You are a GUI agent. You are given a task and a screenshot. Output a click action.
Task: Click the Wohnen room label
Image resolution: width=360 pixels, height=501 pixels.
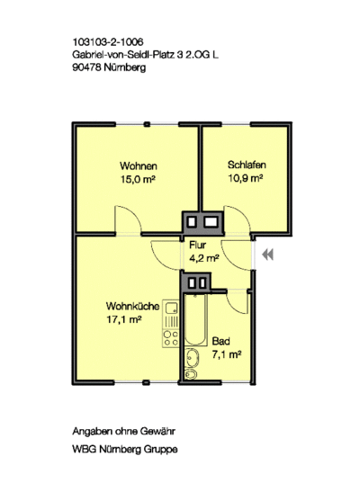coord(139,166)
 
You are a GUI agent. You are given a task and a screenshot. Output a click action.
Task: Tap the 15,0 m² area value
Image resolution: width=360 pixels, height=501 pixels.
coord(138,179)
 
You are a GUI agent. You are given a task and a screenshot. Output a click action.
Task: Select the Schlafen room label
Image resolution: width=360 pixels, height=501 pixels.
coord(247,165)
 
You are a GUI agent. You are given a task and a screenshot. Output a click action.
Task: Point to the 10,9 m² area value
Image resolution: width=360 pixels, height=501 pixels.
coord(245,178)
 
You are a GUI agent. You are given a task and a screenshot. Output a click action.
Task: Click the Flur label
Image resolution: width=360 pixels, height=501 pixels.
coord(197,245)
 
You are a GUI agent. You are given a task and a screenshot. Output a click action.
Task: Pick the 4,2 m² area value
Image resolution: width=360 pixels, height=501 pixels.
coord(204,258)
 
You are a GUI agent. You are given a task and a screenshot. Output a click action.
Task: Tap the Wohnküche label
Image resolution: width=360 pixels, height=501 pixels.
coord(132,306)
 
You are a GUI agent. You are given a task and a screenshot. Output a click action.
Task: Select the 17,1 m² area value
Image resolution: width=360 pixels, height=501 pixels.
coord(124,319)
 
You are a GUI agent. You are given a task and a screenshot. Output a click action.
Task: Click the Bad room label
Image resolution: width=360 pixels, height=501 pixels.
coord(220,341)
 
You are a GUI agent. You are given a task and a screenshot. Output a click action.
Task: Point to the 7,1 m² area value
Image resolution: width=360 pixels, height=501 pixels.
coord(227,354)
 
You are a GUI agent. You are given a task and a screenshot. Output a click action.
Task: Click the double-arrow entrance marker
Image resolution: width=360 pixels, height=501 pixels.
coord(267,255)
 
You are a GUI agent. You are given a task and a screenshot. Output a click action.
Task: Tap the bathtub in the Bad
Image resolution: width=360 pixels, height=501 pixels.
coord(196,319)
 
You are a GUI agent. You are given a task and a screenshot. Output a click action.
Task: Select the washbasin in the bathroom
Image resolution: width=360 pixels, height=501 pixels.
coord(193,358)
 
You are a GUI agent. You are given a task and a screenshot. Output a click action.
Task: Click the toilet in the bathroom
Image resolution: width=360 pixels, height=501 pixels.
coord(191,374)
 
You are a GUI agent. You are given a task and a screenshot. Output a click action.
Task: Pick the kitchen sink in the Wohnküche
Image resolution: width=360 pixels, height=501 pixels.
coord(172,308)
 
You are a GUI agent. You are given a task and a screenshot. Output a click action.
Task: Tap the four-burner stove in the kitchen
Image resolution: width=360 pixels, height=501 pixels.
coord(171,339)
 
